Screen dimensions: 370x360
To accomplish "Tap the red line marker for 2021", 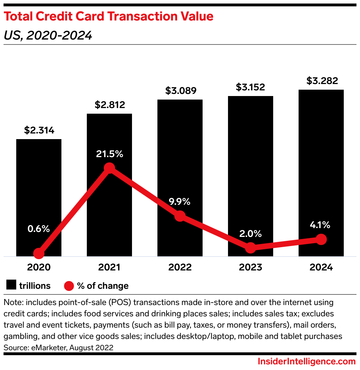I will (x=109, y=168).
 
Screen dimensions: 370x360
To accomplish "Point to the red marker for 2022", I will (x=180, y=216).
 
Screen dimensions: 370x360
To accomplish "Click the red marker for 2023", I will (x=250, y=248).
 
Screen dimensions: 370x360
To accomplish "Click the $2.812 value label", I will (x=109, y=105).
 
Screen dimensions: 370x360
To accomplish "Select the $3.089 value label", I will (x=180, y=91).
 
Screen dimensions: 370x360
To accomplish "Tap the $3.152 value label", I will (x=250, y=87).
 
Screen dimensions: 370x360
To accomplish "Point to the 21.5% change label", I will (x=109, y=154).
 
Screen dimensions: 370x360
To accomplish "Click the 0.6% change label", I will (x=39, y=229).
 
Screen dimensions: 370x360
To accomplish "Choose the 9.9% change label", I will (x=180, y=202).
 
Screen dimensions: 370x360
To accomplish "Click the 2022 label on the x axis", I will (x=180, y=267).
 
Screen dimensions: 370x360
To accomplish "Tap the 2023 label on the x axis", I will (x=250, y=267).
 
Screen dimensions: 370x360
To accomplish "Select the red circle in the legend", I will (x=69, y=286).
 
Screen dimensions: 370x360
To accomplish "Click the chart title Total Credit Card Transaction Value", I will (x=108, y=17).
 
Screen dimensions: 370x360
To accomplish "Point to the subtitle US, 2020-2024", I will (x=48, y=35).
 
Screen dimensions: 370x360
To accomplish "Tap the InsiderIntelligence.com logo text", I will (x=307, y=362).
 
